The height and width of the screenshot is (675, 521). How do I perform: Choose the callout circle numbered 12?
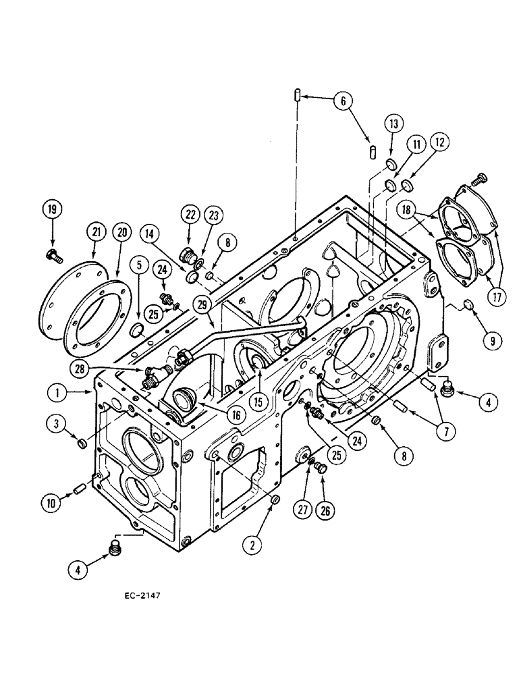coord(440,143)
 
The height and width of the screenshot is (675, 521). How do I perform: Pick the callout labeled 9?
coord(492,342)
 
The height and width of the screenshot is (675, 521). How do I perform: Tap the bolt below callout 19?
coord(52,254)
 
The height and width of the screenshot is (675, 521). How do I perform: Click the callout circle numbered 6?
coord(343,101)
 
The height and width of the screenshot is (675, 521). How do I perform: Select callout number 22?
coord(189,214)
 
